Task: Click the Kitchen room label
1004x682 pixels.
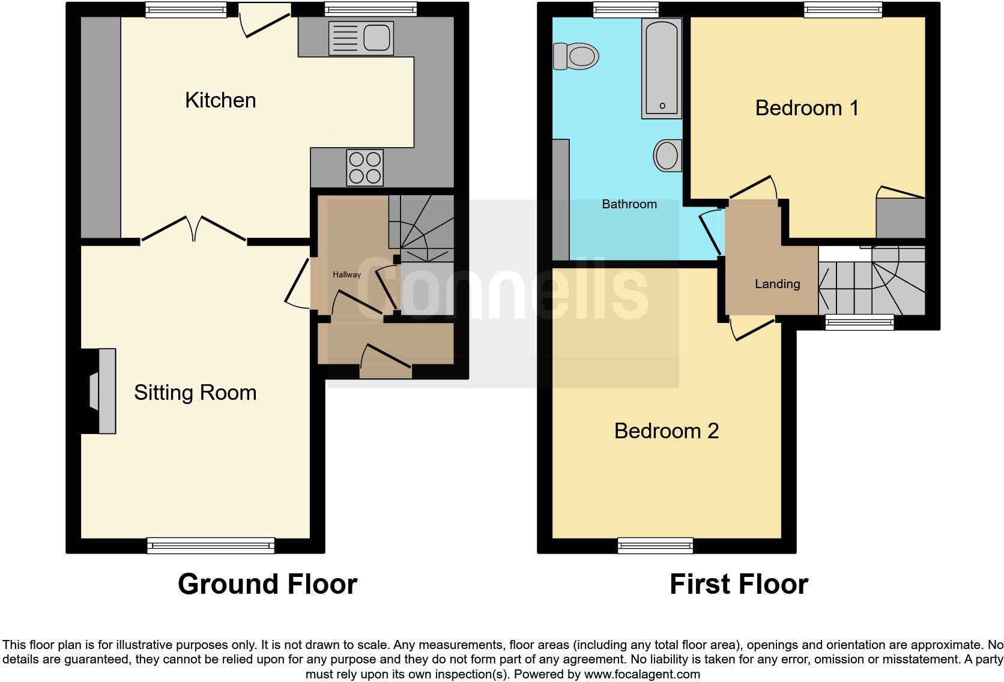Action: pyautogui.click(x=220, y=100)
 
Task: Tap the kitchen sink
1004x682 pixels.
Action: pyautogui.click(x=361, y=38)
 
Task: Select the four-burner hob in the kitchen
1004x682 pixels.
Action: pyautogui.click(x=365, y=167)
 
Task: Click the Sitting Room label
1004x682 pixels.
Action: pyautogui.click(x=195, y=393)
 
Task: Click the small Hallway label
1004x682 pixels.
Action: pyautogui.click(x=347, y=274)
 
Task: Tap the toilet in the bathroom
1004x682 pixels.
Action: pyautogui.click(x=576, y=56)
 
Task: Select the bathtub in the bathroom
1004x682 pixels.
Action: pyautogui.click(x=662, y=68)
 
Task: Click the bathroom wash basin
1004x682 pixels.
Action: pyautogui.click(x=667, y=155)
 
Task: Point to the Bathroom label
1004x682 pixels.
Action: pyautogui.click(x=629, y=204)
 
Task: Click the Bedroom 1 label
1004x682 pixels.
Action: pyautogui.click(x=806, y=108)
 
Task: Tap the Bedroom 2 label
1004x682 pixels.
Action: pyautogui.click(x=666, y=431)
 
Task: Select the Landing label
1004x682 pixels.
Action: pyautogui.click(x=777, y=284)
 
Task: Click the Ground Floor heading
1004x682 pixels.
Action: pyautogui.click(x=267, y=584)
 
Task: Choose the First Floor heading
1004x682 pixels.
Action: pyautogui.click(x=739, y=584)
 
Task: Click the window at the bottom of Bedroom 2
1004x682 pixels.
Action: pyautogui.click(x=655, y=545)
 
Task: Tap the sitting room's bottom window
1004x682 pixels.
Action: pyautogui.click(x=211, y=545)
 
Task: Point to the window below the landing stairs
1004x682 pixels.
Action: pyautogui.click(x=859, y=322)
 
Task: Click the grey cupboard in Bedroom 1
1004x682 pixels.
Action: pyautogui.click(x=900, y=218)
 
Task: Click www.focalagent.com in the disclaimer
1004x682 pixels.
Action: pyautogui.click(x=642, y=674)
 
